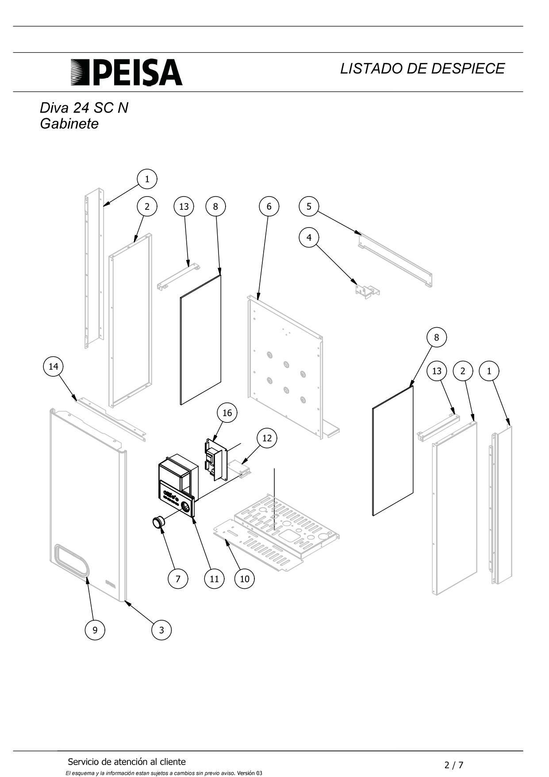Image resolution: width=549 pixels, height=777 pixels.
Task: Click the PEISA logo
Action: coord(127,72)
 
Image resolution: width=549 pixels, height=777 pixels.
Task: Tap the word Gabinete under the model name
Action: coord(69,124)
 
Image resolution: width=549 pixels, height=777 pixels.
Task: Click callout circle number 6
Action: coord(269,206)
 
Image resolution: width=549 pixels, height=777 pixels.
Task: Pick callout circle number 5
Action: coord(309,206)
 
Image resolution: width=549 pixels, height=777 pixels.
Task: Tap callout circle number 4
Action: coord(309,237)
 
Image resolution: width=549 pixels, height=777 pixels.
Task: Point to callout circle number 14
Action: coord(53,367)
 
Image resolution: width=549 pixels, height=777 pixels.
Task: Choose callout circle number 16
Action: coord(227,413)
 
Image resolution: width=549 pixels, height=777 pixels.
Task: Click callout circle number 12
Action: coord(267,438)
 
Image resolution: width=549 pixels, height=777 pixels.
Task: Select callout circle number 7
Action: coord(178,579)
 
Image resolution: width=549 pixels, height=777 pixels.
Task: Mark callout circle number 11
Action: coord(214,579)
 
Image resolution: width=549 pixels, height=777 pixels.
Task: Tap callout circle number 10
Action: coord(245,579)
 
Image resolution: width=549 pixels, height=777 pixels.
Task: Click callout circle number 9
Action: coord(95,630)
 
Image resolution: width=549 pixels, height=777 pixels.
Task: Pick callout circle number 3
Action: coord(161,630)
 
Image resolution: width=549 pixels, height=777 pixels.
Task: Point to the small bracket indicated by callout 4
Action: coord(368,291)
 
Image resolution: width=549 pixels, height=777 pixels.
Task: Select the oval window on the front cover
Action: coord(71,561)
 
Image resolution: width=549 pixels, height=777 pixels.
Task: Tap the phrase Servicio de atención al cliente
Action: coord(127,762)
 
